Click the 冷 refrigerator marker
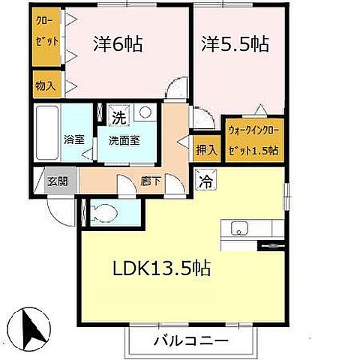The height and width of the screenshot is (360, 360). [204, 179]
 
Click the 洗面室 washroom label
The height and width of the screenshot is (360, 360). [121, 139]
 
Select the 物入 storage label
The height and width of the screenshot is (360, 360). [46, 85]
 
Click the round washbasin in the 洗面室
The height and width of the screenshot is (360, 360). [145, 114]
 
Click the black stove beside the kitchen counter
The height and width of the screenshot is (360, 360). [271, 244]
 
